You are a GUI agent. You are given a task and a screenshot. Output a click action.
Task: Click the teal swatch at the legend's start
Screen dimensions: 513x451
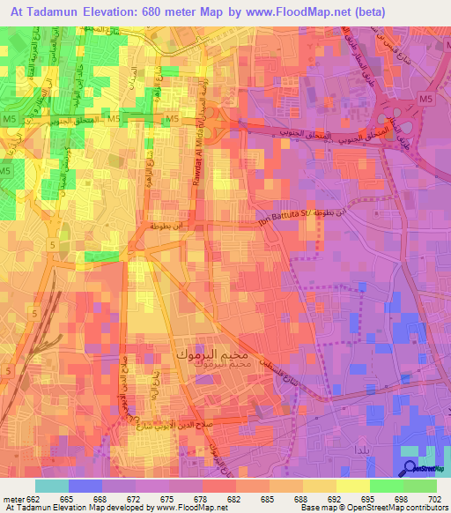pyautogui.click(x=52, y=486)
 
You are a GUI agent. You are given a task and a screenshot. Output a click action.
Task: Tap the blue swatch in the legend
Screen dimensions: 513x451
pyautogui.click(x=85, y=486)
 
